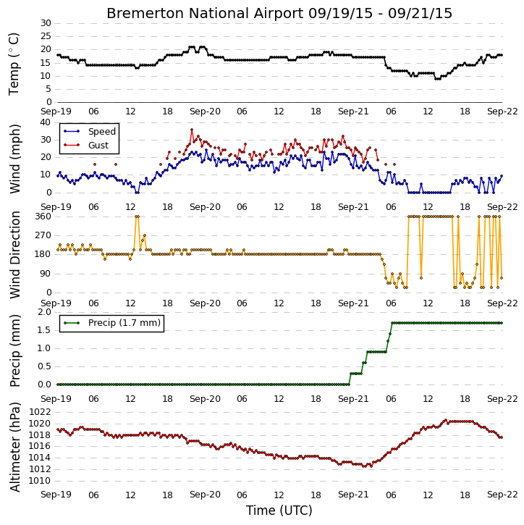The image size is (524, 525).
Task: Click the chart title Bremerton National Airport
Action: click(205, 14)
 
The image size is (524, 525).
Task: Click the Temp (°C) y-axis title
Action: click(14, 64)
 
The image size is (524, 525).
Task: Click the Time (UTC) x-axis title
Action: click(279, 511)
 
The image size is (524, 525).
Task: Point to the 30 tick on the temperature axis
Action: click(46, 23)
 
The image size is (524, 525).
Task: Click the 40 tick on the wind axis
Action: click(46, 122)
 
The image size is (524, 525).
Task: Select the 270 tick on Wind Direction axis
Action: click(43, 235)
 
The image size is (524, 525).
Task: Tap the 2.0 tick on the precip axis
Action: click(44, 312)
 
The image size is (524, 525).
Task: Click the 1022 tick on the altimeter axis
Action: click(40, 412)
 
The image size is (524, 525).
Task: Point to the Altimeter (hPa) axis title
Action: click(15, 448)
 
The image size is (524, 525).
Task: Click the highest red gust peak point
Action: click(192, 130)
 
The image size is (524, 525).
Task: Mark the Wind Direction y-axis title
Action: click(15, 255)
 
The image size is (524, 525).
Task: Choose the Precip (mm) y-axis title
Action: click(15, 351)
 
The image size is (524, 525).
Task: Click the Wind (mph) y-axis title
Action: click(15, 159)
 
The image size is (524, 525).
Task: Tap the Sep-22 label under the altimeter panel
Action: click(502, 495)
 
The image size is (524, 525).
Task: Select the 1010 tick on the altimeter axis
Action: click(40, 481)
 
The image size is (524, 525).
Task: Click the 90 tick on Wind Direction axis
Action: click(46, 274)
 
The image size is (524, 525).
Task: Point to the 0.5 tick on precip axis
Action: click(44, 366)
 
